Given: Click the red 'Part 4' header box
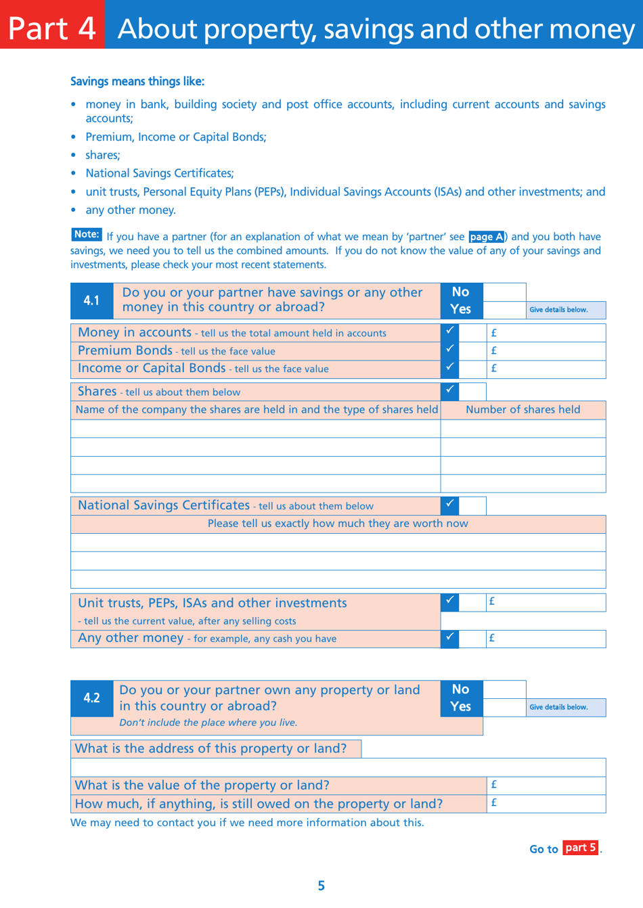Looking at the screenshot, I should tap(52, 24).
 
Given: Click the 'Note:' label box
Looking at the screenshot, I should tap(87, 235).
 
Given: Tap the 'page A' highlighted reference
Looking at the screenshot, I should tap(486, 237).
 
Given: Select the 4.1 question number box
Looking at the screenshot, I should tap(92, 300).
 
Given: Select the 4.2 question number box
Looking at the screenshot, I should tap(92, 698).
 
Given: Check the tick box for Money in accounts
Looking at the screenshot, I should tap(449, 332).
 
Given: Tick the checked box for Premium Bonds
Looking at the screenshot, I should tap(449, 350).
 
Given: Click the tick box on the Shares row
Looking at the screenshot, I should tap(449, 391).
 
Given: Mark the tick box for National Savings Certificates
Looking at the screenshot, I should tap(449, 505).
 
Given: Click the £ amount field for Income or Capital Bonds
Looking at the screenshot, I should tap(546, 369).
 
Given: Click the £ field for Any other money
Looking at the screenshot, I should tap(546, 638).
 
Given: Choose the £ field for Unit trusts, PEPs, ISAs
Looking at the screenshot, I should tap(546, 602).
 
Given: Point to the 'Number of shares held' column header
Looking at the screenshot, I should tap(523, 410).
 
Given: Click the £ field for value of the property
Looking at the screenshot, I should tap(546, 785).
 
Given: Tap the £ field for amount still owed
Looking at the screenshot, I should tap(546, 803).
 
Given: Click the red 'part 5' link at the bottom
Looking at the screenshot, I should tap(580, 848).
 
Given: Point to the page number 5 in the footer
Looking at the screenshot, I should tap(321, 886).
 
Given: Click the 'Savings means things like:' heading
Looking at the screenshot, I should tap(137, 81).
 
